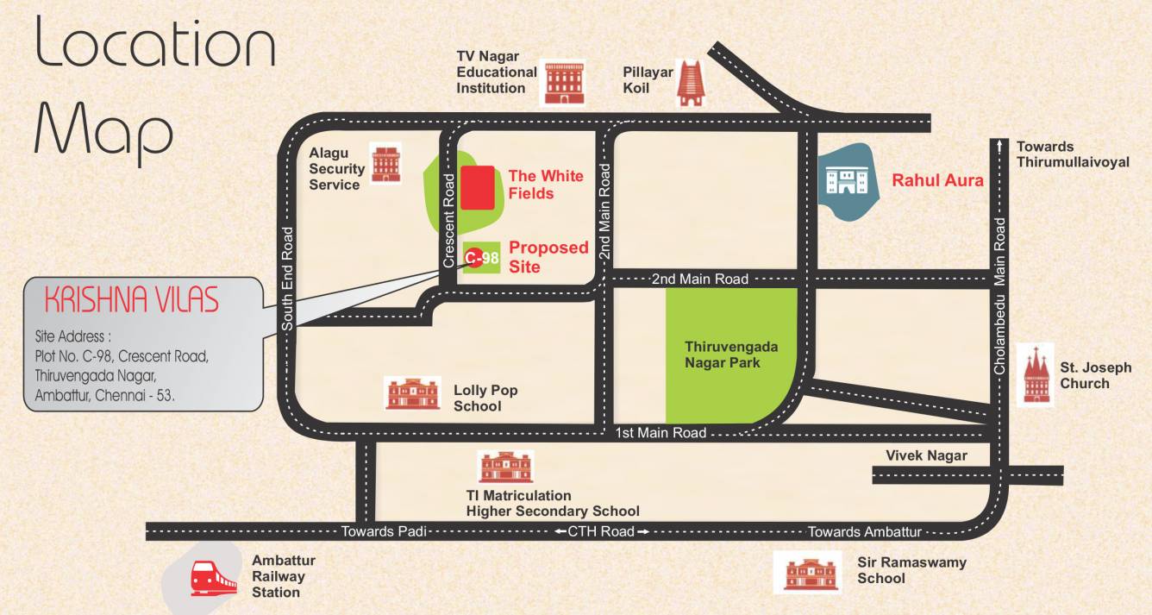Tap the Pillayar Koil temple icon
tap(689, 83)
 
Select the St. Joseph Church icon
tap(1035, 375)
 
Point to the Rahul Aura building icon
tap(845, 181)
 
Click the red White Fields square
tap(477, 188)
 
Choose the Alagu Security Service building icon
tap(385, 163)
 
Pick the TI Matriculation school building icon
tap(506, 467)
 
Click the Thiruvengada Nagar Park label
tap(731, 355)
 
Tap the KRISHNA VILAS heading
tap(131, 301)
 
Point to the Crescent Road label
tap(448, 221)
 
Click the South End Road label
tap(288, 278)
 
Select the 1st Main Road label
tap(661, 433)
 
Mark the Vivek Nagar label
tap(926, 455)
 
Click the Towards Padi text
tap(385, 531)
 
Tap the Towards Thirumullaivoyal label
tap(1072, 154)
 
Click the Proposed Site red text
tap(548, 257)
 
